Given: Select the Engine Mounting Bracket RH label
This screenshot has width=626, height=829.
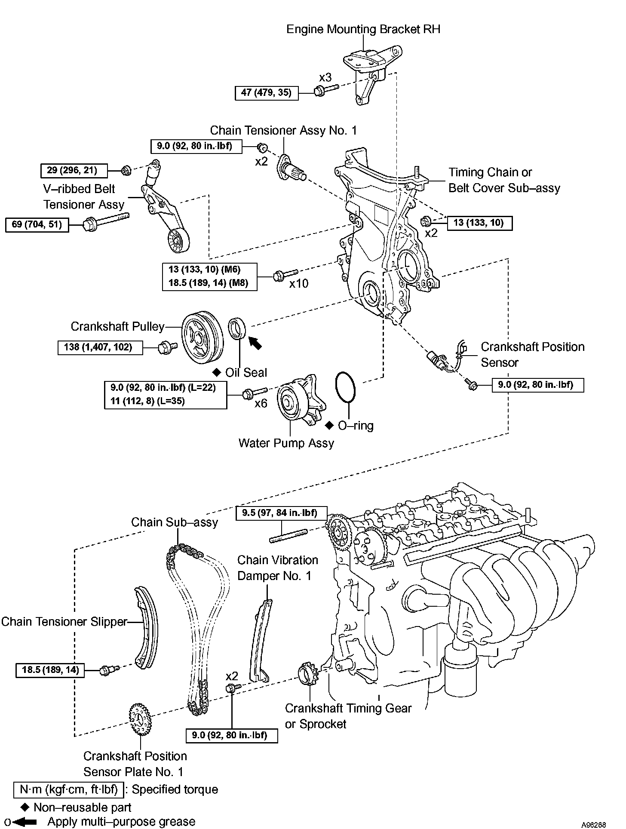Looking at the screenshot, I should pyautogui.click(x=363, y=29).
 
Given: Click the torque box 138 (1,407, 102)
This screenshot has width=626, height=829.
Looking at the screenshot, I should pyautogui.click(x=100, y=347).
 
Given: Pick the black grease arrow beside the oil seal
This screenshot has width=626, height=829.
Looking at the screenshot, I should pyautogui.click(x=255, y=343).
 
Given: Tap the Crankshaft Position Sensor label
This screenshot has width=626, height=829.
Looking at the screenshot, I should pyautogui.click(x=532, y=354).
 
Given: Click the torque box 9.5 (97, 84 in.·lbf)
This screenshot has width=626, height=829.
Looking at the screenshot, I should pyautogui.click(x=282, y=513).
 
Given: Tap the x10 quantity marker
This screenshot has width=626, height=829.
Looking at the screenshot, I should pyautogui.click(x=299, y=284).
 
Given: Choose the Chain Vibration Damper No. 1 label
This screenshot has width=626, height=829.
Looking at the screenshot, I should pyautogui.click(x=278, y=568).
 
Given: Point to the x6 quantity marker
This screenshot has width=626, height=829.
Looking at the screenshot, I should pyautogui.click(x=261, y=403).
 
